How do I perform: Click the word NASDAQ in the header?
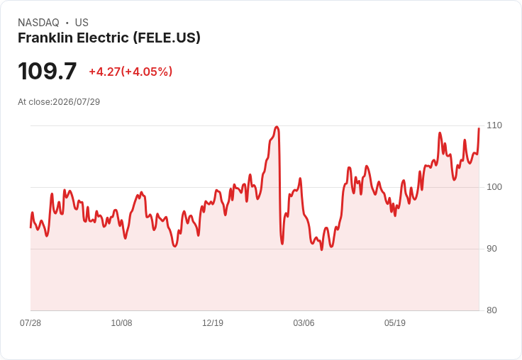click(38, 23)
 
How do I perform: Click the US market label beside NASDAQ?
click(82, 23)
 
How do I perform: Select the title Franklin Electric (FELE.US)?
click(109, 38)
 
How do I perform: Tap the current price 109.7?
click(48, 71)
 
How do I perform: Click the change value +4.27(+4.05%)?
click(130, 72)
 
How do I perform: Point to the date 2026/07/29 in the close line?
click(76, 102)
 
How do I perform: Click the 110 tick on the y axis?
click(494, 125)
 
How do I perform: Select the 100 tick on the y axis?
click(494, 187)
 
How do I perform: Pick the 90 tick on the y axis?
click(492, 249)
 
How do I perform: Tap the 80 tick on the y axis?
click(492, 310)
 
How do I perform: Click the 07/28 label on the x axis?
click(30, 322)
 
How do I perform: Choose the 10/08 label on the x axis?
click(121, 322)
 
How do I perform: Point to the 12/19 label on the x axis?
click(213, 322)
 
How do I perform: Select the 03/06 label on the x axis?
click(304, 322)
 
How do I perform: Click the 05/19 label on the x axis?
click(395, 322)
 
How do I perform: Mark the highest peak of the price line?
click(277, 126)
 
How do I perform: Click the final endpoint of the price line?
click(479, 128)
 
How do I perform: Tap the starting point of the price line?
click(30, 227)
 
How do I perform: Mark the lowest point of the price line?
click(321, 250)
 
